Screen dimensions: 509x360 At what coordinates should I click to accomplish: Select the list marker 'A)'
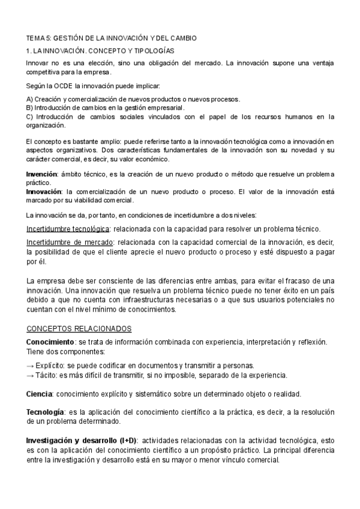(x=29, y=99)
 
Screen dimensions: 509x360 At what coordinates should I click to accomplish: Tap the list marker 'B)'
(x=29, y=107)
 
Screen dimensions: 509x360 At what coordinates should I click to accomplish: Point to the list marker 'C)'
(x=30, y=116)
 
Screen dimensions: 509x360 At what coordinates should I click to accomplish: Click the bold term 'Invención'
(x=41, y=173)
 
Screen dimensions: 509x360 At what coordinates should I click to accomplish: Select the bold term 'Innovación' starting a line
(x=43, y=191)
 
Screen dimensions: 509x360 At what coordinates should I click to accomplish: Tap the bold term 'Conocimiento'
(x=50, y=342)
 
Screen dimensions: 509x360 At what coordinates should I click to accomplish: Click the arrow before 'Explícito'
(x=31, y=365)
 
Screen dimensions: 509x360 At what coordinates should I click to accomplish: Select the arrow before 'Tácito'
(x=31, y=375)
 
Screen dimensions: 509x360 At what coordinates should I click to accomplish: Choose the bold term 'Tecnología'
(x=46, y=412)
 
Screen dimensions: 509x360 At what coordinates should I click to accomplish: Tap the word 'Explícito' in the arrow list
(x=50, y=365)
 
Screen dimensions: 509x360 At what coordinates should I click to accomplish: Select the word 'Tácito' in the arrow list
(x=46, y=375)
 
